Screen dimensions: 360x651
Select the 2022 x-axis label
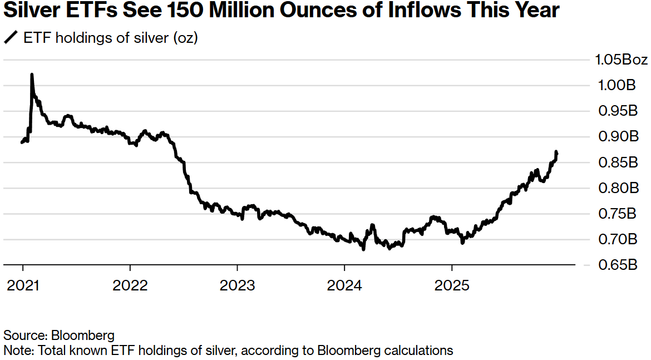[x=130, y=285]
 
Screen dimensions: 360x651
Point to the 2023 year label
[x=237, y=285]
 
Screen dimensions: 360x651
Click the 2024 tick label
[x=344, y=285]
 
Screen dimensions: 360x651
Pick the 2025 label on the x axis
[x=452, y=285]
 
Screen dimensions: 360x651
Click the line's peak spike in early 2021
[x=32, y=75]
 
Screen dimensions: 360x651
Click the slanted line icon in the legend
[x=11, y=38]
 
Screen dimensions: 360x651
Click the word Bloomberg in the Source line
[x=83, y=336]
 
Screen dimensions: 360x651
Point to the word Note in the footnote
[x=15, y=351]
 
